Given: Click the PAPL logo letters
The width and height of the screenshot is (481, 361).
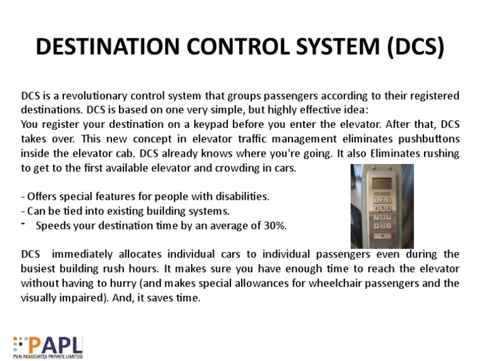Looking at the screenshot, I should point(56,345).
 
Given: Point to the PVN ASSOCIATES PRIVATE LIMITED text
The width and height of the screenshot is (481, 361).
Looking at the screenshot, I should point(48,357).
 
